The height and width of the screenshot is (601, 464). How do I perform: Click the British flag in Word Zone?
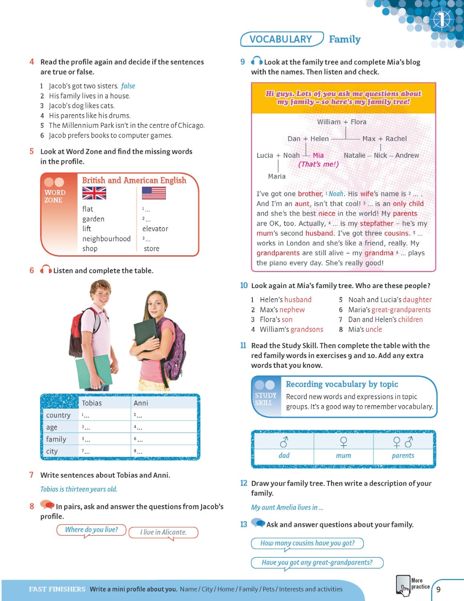coord(94,193)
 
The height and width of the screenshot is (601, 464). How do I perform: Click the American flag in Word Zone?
coord(154,193)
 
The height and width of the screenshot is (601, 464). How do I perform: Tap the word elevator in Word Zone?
coord(155,229)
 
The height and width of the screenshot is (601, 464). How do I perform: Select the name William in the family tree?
coord(329,122)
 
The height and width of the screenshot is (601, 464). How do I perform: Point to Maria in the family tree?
coord(277,176)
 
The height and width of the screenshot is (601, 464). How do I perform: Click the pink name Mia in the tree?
coord(318,155)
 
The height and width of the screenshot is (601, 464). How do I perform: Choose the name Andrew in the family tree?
coord(407,155)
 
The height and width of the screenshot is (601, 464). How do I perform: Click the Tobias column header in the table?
coord(92,403)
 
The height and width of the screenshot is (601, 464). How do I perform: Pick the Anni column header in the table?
coord(141,403)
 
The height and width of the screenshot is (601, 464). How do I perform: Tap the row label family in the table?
coord(56,439)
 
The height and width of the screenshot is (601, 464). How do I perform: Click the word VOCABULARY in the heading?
coord(280,39)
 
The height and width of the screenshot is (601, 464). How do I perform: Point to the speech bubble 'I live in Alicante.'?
coord(163,532)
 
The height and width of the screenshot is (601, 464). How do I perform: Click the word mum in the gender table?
coord(343,456)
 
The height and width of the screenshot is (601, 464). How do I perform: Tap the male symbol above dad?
coord(284,442)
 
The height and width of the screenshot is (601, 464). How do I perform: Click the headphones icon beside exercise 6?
coord(46,270)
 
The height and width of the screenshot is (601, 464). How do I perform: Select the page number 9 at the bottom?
coord(438,589)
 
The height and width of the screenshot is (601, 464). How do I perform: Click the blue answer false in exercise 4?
coord(128,86)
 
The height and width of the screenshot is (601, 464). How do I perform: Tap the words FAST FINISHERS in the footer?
coord(57,589)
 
